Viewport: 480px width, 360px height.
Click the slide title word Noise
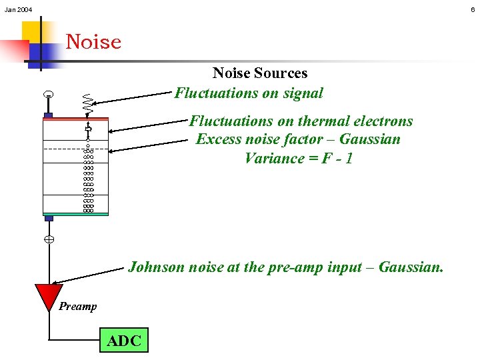(93, 42)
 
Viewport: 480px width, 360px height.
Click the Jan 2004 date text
(18, 9)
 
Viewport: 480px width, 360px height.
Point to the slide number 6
(473, 9)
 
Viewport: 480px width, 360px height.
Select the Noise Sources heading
(259, 73)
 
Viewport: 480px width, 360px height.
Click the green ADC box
(124, 341)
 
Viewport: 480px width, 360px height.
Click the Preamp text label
(77, 307)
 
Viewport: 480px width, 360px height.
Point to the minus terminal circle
(49, 96)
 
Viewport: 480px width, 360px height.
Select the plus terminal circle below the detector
(49, 239)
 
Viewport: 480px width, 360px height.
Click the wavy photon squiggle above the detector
(87, 101)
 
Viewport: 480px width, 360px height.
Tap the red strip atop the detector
(75, 119)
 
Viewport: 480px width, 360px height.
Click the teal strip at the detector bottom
(75, 214)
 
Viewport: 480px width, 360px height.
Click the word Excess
(219, 139)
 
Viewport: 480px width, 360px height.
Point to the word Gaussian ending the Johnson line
(409, 267)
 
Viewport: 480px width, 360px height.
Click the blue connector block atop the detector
(49, 115)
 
